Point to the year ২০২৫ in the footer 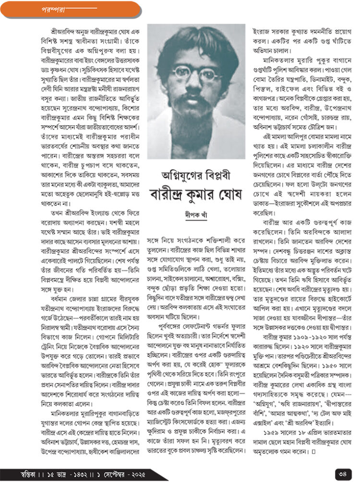click(x=135, y=473)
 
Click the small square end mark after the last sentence click(x=313, y=451)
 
